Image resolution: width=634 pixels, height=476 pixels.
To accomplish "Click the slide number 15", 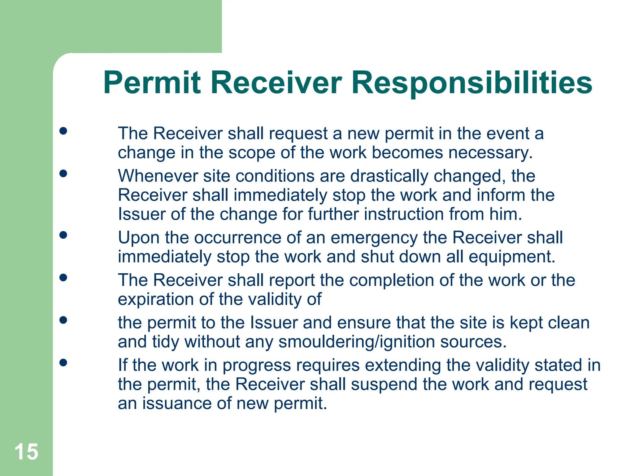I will pos(26,452).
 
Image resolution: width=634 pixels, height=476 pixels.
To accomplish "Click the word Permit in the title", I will pos(152,83).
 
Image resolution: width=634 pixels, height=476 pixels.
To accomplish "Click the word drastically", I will pos(389,176).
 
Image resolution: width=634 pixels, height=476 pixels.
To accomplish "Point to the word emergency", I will pos(374,238).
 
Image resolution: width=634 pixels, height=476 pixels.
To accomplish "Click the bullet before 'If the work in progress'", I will pos(63,362).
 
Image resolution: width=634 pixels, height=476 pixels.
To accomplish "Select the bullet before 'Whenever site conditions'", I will pos(63,173).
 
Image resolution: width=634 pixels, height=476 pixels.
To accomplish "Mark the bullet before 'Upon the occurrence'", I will pos(63,235).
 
